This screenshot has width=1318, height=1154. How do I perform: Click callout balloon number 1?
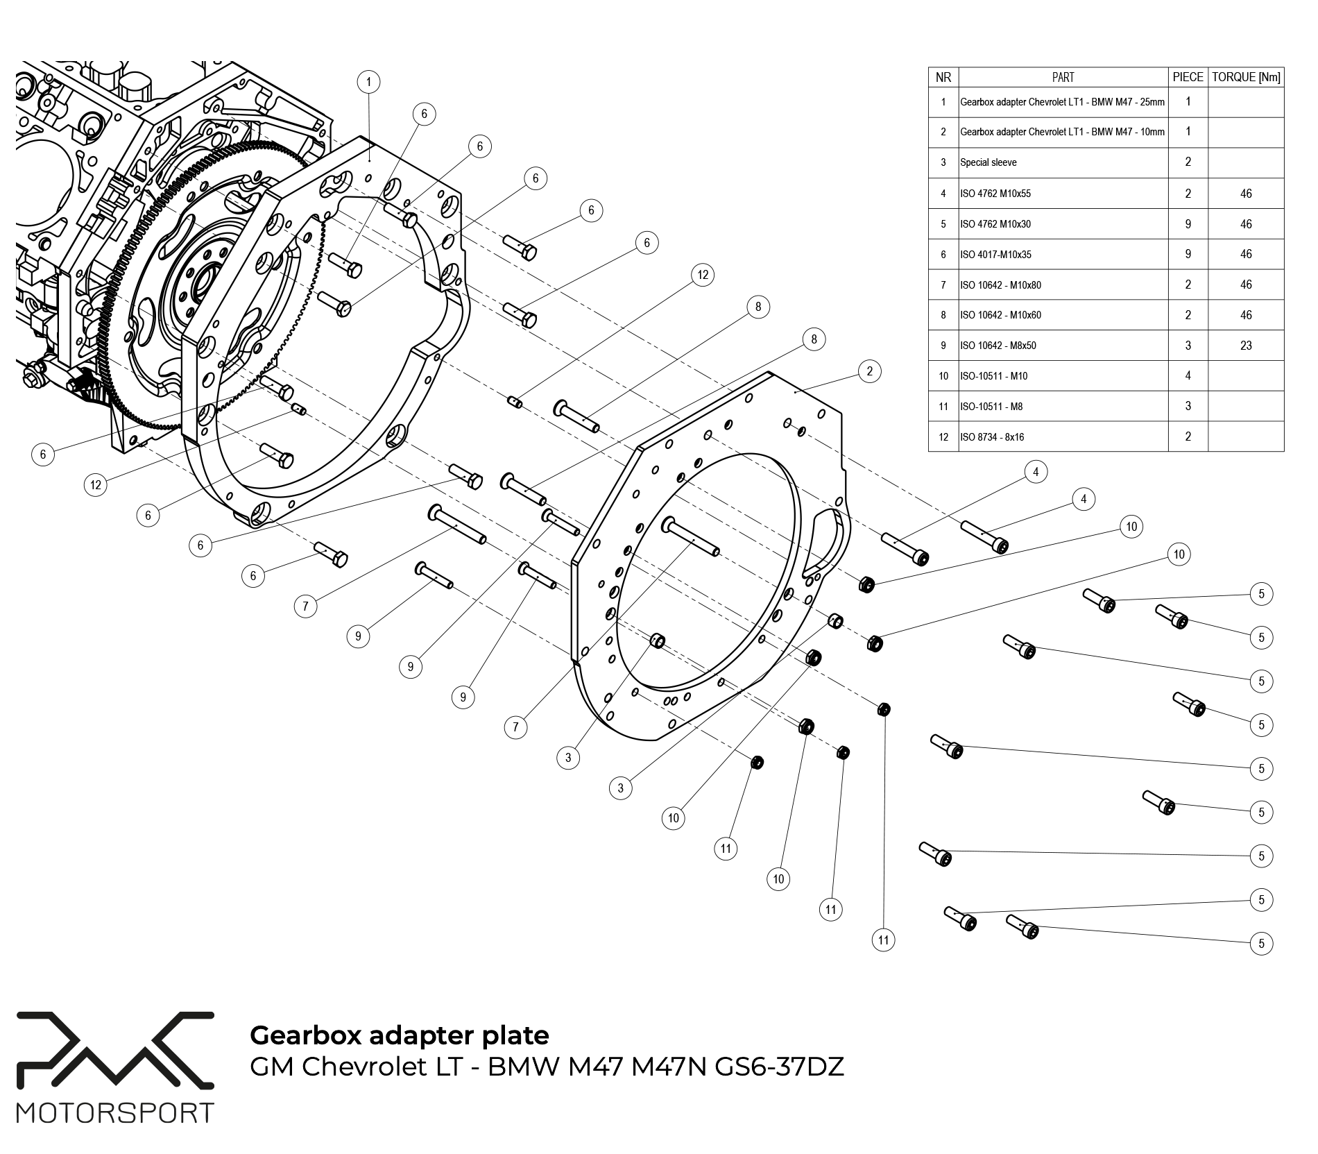368,83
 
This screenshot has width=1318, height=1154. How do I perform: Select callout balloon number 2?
870,371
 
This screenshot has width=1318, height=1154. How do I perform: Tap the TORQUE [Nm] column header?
1246,77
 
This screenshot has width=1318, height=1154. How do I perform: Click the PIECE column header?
1188,77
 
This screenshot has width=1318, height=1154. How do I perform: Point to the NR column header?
943,77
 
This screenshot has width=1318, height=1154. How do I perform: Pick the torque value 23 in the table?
1246,346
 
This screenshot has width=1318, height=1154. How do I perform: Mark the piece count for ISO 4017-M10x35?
1188,254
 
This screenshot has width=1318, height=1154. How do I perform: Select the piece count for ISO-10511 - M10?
1188,376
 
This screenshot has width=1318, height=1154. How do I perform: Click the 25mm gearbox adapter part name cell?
1062,102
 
